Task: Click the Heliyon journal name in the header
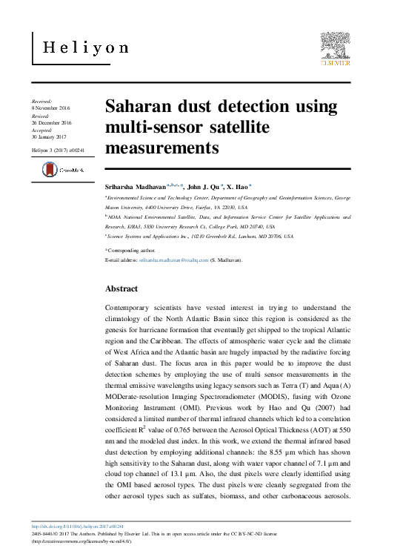(x=86, y=48)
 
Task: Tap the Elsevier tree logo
(x=335, y=47)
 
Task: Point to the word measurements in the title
(x=162, y=148)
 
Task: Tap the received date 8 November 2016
(x=50, y=108)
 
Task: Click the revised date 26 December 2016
(x=51, y=123)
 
